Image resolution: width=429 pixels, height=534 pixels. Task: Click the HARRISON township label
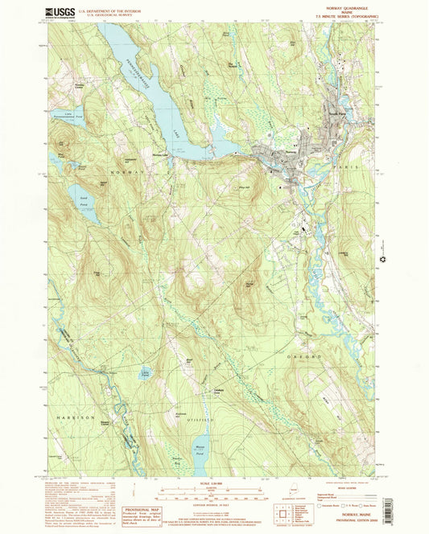coord(75,418)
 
